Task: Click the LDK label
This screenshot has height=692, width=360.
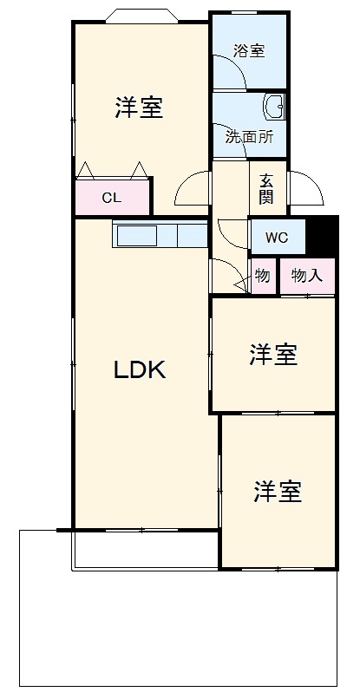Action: click(140, 370)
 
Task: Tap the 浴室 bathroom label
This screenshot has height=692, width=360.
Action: click(249, 51)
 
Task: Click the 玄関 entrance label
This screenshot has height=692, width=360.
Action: click(266, 189)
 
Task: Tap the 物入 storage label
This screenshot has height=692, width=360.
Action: click(307, 277)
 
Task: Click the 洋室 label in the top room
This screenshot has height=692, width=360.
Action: click(139, 108)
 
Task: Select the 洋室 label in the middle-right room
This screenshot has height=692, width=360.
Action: click(273, 355)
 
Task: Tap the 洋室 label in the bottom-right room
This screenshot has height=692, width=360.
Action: click(278, 493)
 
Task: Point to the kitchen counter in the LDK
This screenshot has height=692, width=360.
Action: click(160, 235)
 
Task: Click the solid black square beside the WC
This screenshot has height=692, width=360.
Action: click(324, 235)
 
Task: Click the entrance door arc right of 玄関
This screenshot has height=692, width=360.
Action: click(307, 185)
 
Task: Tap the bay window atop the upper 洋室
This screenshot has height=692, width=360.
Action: click(141, 16)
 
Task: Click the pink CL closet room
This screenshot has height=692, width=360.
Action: click(113, 198)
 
